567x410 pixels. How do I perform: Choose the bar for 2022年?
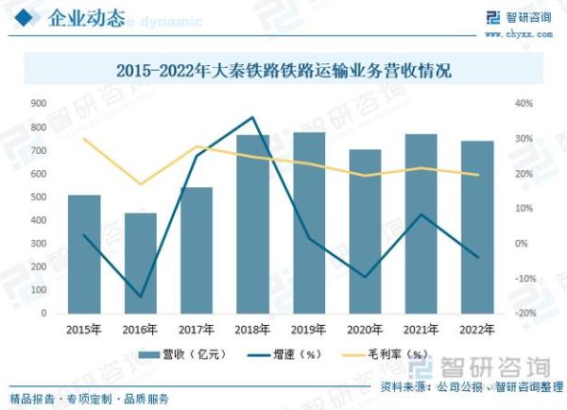[477, 227]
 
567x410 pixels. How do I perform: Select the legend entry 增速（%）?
[281, 354]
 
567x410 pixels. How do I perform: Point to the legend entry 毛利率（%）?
[387, 354]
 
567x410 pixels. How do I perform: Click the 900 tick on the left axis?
[39, 104]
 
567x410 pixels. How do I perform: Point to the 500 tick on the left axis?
[39, 196]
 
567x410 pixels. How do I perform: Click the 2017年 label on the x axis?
[197, 329]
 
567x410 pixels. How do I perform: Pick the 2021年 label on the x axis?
[421, 329]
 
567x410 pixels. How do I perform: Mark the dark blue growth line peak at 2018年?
[252, 118]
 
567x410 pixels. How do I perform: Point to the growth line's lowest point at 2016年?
[140, 297]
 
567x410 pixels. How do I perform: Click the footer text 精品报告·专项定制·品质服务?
[89, 398]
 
